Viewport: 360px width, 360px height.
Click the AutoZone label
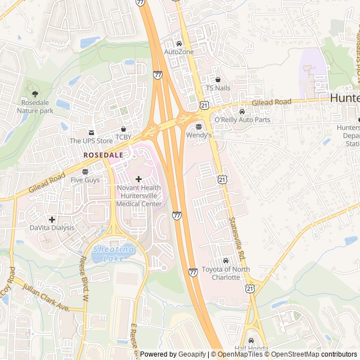[179, 52]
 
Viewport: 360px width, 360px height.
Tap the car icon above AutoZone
[179, 43]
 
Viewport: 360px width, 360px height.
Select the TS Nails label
[218, 88]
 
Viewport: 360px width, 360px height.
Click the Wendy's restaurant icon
[199, 127]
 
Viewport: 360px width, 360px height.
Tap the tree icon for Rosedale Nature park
[35, 94]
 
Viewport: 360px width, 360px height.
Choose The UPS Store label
[91, 141]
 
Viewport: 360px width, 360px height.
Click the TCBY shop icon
[123, 129]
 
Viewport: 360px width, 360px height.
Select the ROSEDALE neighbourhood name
[103, 154]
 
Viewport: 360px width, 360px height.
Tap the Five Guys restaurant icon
[85, 172]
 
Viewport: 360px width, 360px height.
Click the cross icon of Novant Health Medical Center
[138, 179]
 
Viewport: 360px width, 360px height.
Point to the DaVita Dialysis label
[52, 228]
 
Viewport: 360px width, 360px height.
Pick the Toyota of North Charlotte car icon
[226, 261]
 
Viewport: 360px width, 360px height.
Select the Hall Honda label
[251, 349]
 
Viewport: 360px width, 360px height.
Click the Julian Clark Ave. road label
[46, 298]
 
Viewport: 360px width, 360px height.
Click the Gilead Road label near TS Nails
[272, 102]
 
